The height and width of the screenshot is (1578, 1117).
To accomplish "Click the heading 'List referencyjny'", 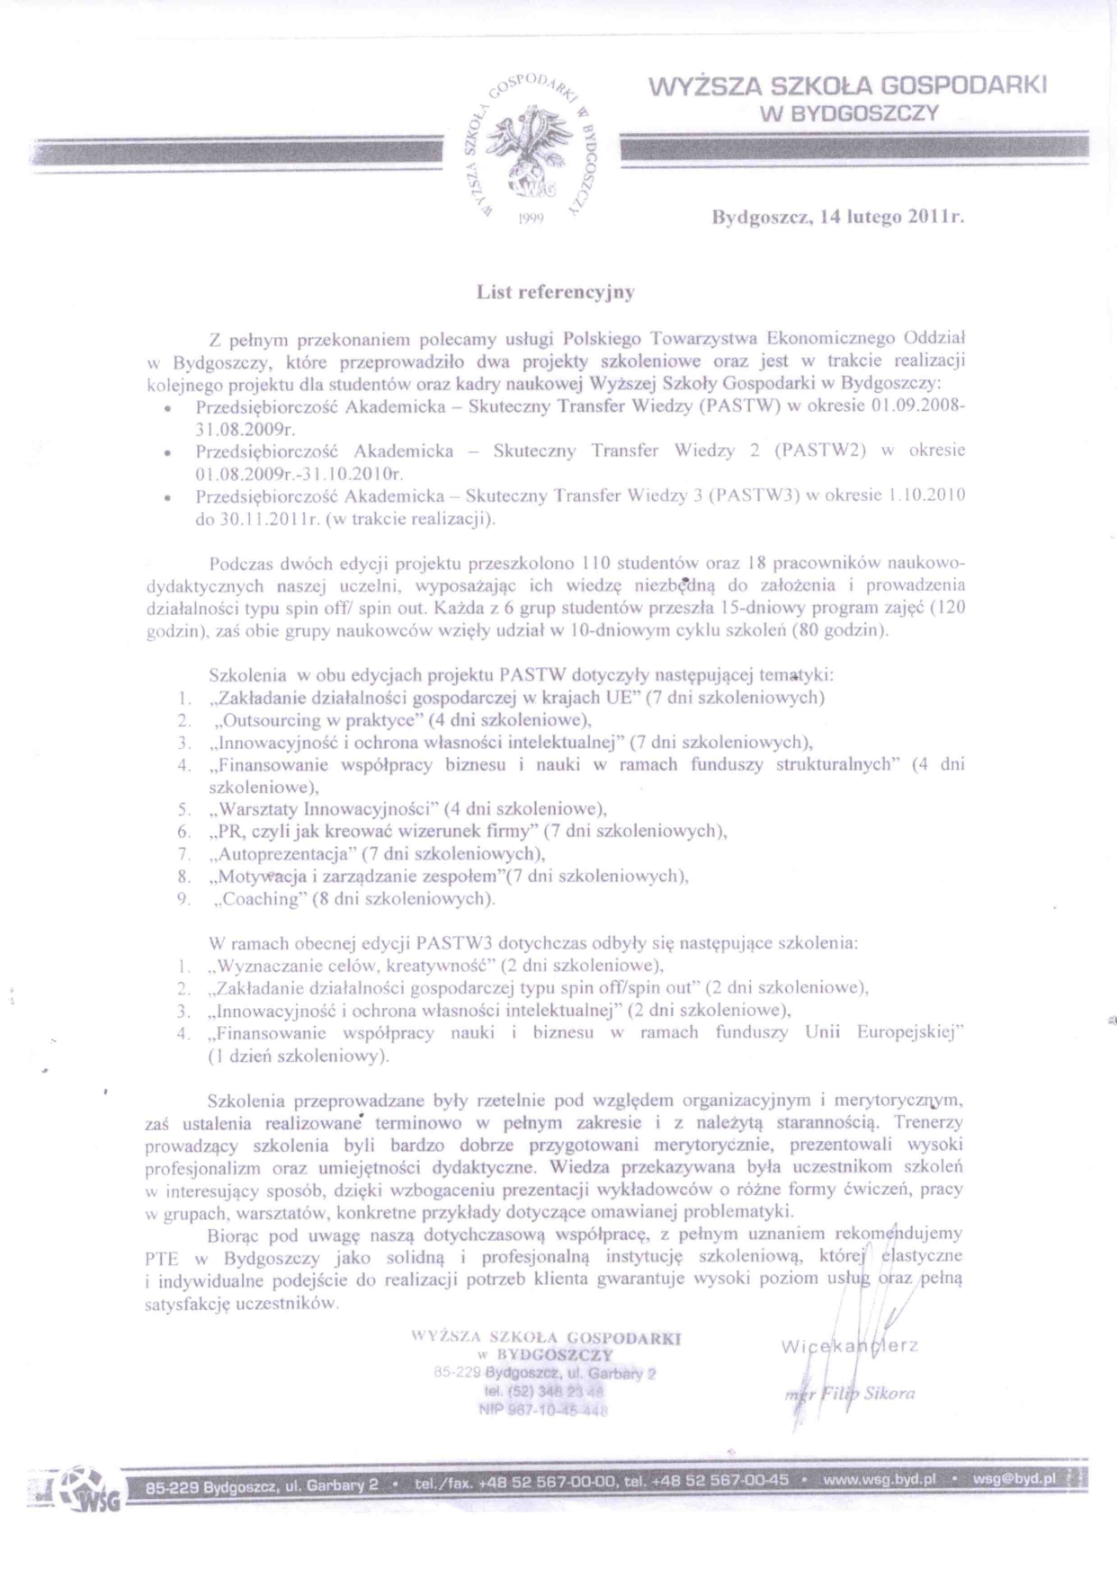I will [556, 291].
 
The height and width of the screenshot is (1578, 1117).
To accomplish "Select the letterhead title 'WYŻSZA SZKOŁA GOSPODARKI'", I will [848, 86].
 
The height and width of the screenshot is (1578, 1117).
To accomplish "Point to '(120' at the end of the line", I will [945, 608].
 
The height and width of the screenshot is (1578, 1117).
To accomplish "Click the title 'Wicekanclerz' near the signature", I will [849, 1346].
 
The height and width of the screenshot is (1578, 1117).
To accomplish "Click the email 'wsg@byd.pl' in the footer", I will [1014, 1479].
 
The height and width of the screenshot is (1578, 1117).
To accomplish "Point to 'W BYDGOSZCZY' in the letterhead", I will [849, 113].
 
